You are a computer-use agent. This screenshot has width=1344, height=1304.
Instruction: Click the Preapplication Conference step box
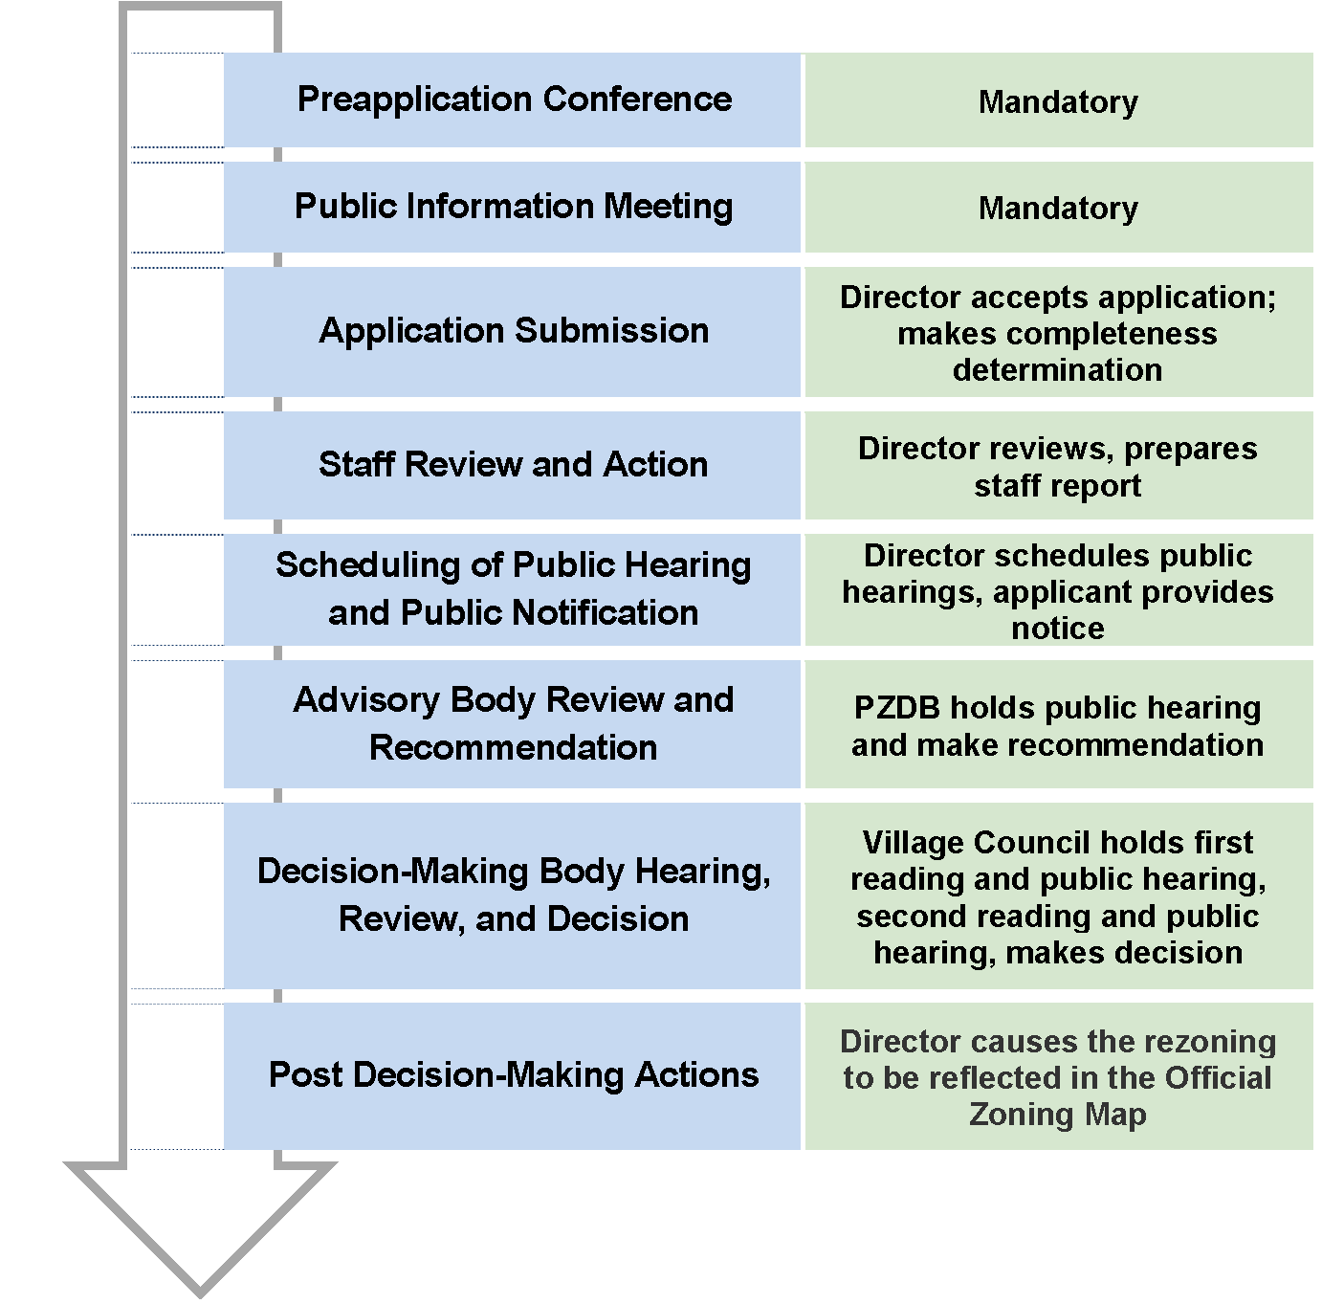pyautogui.click(x=513, y=99)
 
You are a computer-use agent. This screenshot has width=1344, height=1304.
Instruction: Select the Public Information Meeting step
pyautogui.click(x=513, y=207)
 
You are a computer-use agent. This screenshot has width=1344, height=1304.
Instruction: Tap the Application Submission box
pyautogui.click(x=513, y=331)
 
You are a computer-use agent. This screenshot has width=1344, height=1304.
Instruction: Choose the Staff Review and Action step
pyautogui.click(x=513, y=465)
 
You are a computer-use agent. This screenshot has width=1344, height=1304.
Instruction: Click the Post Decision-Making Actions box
pyautogui.click(x=513, y=1075)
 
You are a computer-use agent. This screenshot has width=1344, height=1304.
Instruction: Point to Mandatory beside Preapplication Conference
pyautogui.click(x=1058, y=101)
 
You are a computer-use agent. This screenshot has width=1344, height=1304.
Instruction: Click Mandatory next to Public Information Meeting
pyautogui.click(x=1058, y=209)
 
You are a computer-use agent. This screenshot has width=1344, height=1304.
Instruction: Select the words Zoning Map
pyautogui.click(x=1058, y=1115)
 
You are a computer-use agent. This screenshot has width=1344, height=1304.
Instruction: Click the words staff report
pyautogui.click(x=1058, y=486)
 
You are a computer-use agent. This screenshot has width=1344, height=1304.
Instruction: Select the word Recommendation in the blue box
pyautogui.click(x=513, y=748)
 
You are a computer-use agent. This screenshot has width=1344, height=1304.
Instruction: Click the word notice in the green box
pyautogui.click(x=1058, y=629)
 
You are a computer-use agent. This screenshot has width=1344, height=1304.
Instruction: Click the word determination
pyautogui.click(x=1058, y=370)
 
